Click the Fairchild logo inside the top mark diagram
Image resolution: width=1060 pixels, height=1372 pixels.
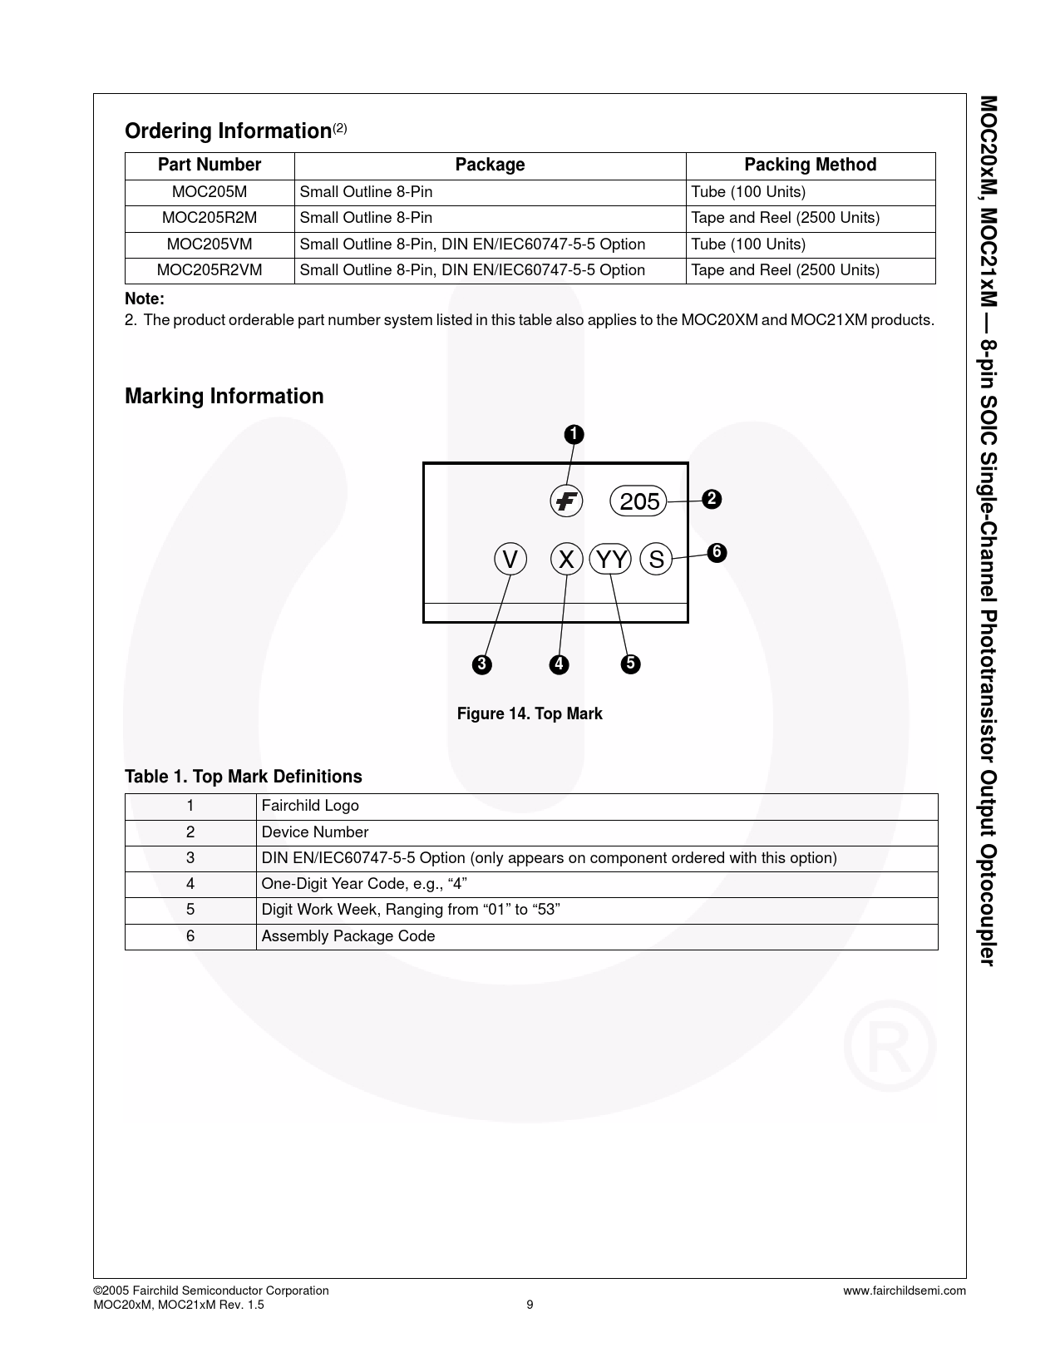coord(566,501)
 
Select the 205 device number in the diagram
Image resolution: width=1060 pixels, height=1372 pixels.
coord(639,501)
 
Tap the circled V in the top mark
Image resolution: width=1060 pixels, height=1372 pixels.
coord(510,560)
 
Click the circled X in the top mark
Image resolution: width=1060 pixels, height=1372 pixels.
coord(566,560)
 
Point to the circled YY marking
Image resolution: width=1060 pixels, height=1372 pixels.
coord(612,560)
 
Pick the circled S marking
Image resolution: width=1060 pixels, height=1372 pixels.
coord(657,560)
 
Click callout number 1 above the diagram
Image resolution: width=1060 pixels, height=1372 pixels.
coord(574,434)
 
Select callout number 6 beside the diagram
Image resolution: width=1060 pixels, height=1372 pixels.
coord(717,552)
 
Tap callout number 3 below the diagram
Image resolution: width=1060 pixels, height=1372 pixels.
coord(481,664)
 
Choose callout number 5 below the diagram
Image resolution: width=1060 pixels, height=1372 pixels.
coord(630,664)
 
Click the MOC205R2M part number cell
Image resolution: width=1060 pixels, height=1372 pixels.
coord(210,218)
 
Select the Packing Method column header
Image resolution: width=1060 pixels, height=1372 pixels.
coord(810,165)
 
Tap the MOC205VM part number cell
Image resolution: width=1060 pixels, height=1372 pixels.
coord(210,244)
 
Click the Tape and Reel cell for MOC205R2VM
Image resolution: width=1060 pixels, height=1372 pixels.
coord(785,270)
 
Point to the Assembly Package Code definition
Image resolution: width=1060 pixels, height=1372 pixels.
coord(348,936)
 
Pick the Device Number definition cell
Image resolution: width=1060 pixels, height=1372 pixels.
coord(315,832)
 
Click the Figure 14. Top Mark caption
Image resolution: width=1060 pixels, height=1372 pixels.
coord(530,713)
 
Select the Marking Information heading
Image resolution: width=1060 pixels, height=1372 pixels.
coord(224,396)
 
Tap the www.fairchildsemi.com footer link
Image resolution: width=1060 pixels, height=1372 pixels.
coord(905,1291)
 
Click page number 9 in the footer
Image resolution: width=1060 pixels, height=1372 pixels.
coord(530,1305)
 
